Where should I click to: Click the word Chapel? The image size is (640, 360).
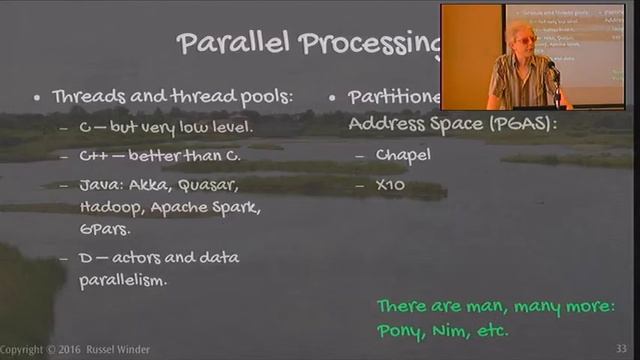(402, 156)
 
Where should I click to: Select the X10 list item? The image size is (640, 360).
(389, 186)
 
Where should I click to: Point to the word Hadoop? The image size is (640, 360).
(106, 209)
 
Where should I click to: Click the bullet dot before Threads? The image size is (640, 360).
(36, 98)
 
